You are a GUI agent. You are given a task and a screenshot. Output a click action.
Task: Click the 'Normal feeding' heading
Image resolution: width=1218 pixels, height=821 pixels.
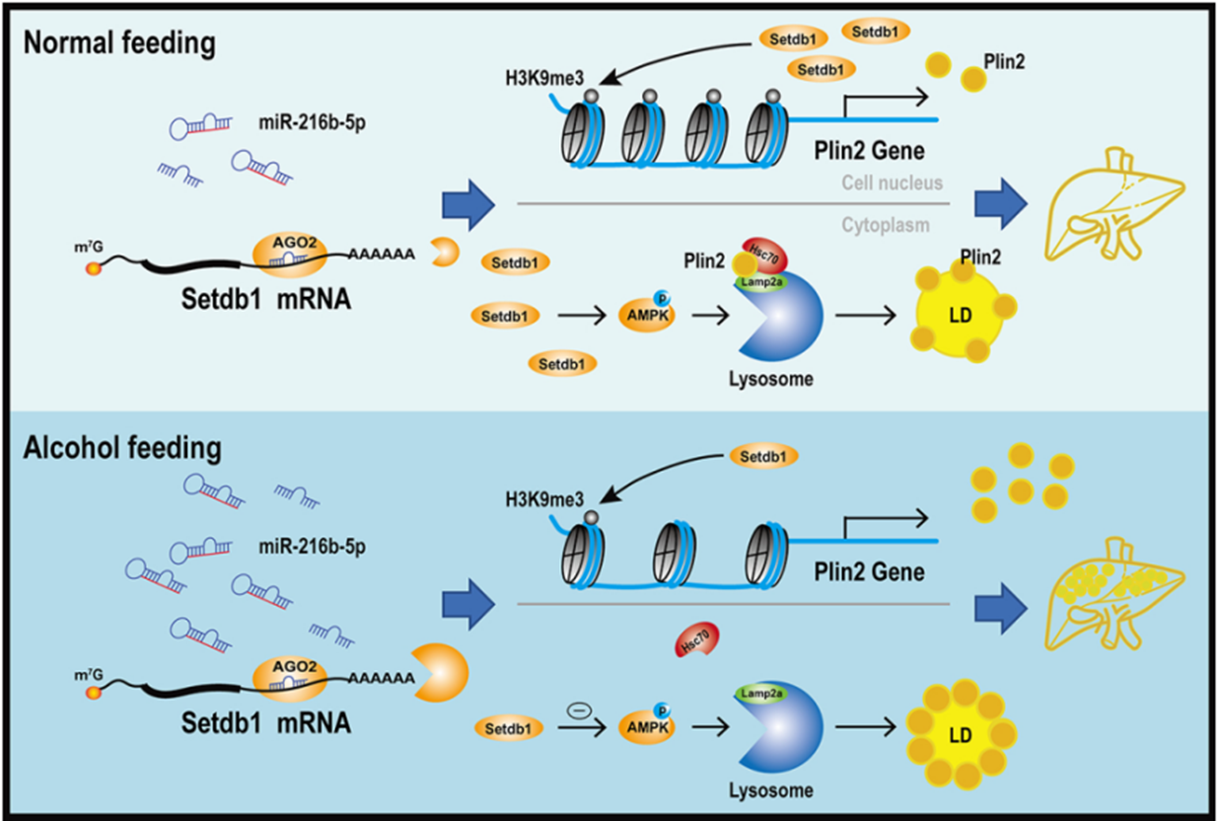tap(120, 44)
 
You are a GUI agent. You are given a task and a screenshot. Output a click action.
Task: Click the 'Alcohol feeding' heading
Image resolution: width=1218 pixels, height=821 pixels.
tap(123, 448)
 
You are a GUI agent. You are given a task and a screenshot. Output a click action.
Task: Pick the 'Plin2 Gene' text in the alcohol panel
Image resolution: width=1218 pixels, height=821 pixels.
tap(868, 571)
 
